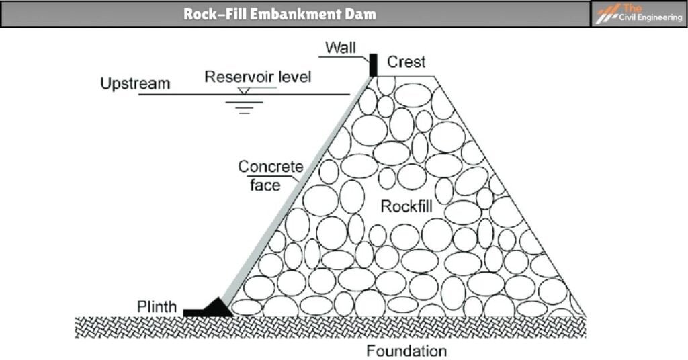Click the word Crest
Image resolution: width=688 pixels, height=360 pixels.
[x=406, y=62]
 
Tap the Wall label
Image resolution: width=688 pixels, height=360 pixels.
[x=340, y=48]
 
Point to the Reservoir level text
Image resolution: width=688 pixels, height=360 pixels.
[x=258, y=77]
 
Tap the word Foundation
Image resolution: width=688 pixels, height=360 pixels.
[x=406, y=351]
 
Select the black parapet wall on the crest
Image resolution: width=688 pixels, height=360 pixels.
[x=372, y=64]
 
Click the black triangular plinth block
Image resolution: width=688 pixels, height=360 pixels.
[x=216, y=308]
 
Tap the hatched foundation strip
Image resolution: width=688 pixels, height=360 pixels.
[x=329, y=327]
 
